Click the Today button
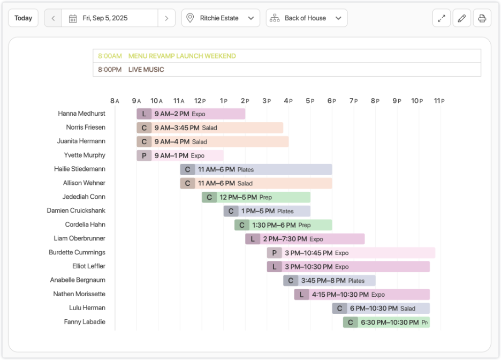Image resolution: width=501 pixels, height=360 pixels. (x=23, y=18)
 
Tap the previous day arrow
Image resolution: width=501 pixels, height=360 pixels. (x=53, y=18)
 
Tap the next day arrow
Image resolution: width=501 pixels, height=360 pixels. (x=166, y=18)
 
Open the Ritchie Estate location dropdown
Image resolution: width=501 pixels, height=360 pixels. (x=221, y=18)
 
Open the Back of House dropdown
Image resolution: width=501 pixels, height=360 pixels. (x=306, y=18)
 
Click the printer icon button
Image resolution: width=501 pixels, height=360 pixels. (x=482, y=18)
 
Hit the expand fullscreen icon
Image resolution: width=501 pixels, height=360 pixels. (x=441, y=18)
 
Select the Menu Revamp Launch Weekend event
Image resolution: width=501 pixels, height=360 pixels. (x=182, y=56)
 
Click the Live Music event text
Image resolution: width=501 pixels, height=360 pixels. (x=146, y=70)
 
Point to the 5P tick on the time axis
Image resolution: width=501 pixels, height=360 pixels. (x=310, y=101)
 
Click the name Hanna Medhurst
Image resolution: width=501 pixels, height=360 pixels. (x=81, y=114)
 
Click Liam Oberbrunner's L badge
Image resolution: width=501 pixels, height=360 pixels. (x=253, y=239)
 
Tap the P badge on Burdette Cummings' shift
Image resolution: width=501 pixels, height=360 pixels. (x=274, y=253)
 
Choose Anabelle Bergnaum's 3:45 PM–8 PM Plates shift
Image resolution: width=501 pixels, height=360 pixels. (x=329, y=281)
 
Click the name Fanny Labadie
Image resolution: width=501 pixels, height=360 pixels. (x=85, y=322)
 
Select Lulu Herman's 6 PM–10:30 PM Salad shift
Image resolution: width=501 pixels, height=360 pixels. (x=381, y=309)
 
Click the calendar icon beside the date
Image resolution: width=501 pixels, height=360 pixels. (x=73, y=18)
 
